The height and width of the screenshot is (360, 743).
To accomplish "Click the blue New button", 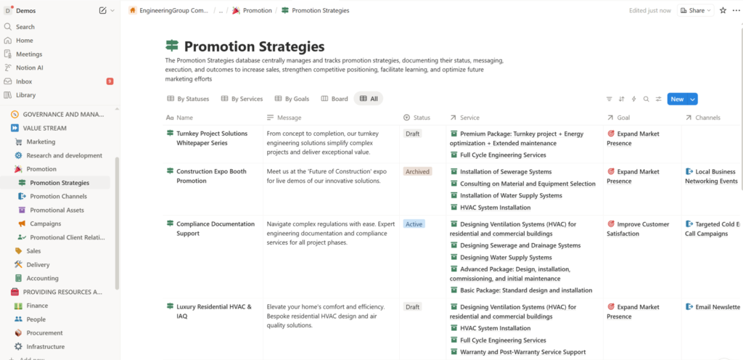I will click(x=676, y=99).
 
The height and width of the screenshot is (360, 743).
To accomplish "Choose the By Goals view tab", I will click(x=292, y=99).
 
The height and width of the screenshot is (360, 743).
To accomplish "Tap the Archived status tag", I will click(x=417, y=172).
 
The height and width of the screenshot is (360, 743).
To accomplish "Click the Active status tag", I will click(x=414, y=224).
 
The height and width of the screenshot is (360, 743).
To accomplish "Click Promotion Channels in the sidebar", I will click(x=58, y=196).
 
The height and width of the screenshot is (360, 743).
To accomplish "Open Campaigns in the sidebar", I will click(x=45, y=224).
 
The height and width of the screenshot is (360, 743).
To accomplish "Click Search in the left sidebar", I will click(x=25, y=27).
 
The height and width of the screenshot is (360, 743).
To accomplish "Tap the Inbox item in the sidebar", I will click(x=24, y=81).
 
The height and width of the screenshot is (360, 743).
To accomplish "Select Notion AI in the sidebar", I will click(x=30, y=67).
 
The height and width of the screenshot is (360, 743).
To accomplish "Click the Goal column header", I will click(x=623, y=118).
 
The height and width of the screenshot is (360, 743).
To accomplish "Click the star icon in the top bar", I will click(x=723, y=10).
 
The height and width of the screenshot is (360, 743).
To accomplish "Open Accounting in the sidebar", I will click(x=42, y=278).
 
